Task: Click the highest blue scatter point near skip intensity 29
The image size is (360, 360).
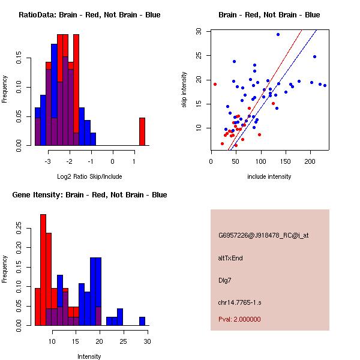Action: coord(278,34)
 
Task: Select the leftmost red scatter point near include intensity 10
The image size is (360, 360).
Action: coord(215,84)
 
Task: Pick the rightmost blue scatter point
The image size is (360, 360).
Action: coord(325,85)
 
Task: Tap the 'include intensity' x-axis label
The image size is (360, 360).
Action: coord(269,176)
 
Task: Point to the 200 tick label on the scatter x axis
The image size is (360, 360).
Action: coord(310,160)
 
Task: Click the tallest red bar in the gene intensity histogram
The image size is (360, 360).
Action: coord(43,269)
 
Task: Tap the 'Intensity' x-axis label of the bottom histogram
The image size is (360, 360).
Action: coord(89,356)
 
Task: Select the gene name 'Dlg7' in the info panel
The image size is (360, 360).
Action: coord(225,280)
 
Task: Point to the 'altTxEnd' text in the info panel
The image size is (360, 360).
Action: coord(230,258)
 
